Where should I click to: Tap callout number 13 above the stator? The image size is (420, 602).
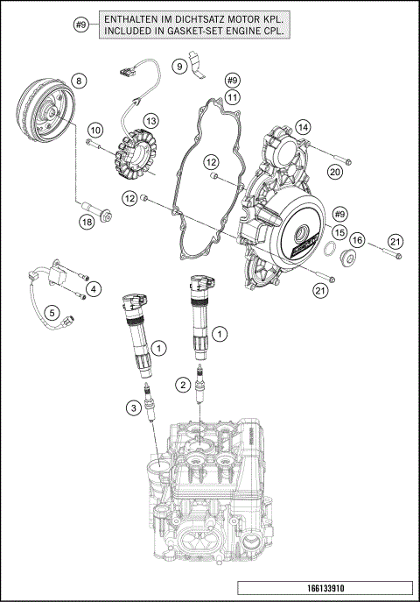click(150, 120)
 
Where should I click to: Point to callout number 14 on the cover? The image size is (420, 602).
click(303, 128)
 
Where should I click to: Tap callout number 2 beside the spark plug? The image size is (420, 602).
click(182, 384)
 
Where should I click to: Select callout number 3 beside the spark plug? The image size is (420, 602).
click(132, 407)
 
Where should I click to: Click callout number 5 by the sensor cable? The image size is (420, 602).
click(52, 311)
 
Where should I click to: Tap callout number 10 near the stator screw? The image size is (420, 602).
click(95, 130)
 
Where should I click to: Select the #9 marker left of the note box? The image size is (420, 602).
click(81, 24)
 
